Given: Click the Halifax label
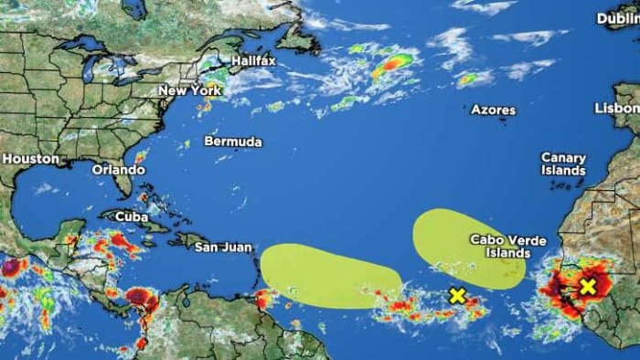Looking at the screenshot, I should click(253, 60).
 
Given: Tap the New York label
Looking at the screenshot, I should click(190, 90).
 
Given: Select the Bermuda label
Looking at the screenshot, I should click(232, 142).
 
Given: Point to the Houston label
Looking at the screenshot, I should click(30, 158).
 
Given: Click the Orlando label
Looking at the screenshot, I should click(118, 169).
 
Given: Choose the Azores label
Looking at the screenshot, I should click(493, 110).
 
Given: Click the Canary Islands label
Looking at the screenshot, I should click(563, 164).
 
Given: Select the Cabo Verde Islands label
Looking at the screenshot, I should click(507, 246).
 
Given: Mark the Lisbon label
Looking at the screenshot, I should click(617, 107).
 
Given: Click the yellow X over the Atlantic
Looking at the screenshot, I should click(457, 295).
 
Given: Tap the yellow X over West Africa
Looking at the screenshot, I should click(587, 286).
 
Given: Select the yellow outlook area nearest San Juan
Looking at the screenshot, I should click(329, 275).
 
